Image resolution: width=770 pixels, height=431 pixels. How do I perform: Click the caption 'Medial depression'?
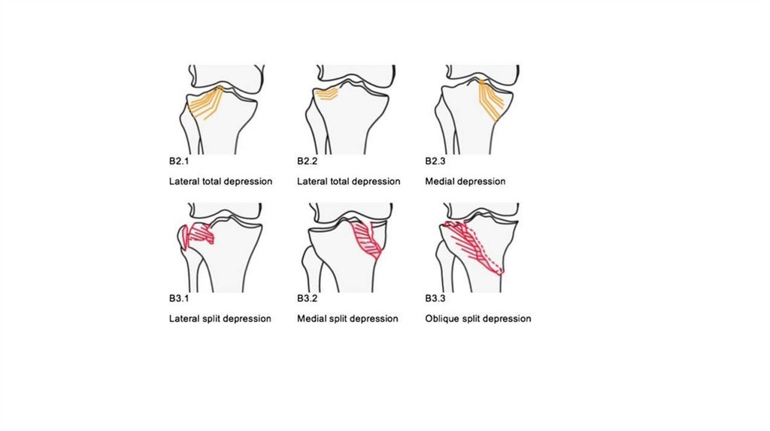465,182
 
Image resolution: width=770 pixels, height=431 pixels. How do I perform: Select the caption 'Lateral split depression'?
220,318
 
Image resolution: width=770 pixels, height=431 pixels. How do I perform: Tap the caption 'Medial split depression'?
347,318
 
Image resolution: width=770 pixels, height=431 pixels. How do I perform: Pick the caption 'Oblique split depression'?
477,318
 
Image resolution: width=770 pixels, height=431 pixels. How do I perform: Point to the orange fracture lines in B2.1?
205,101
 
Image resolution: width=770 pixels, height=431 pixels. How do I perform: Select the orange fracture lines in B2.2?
329,94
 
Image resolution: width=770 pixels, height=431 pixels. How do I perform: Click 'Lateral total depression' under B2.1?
220,182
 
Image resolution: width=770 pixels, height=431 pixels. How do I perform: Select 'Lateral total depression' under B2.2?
348,182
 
